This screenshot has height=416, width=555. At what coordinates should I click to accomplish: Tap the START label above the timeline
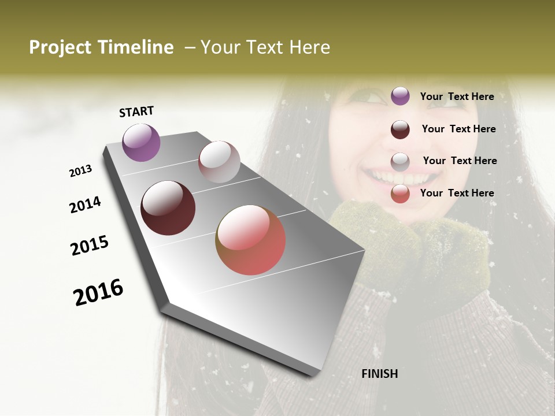136,112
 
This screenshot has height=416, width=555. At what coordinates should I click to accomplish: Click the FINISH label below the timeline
379,374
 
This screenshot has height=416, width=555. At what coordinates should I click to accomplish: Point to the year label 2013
80,171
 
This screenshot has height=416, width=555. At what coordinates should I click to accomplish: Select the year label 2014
85,205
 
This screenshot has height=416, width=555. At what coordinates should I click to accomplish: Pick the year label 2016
98,292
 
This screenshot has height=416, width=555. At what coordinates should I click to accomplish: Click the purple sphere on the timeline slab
141,142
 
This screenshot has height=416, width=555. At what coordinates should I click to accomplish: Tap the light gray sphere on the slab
219,162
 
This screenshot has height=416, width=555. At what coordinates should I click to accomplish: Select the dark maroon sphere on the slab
168,208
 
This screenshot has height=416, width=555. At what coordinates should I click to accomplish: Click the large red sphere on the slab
250,240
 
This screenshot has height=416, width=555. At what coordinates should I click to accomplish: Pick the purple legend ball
400,96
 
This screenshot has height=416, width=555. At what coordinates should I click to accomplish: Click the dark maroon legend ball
400,129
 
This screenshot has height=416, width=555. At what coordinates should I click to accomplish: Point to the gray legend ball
400,162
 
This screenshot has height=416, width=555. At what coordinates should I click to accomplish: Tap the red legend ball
400,194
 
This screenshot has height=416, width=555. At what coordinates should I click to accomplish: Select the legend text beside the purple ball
457,96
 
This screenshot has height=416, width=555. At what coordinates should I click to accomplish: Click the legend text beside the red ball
457,193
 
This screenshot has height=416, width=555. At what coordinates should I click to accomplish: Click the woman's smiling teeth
390,176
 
